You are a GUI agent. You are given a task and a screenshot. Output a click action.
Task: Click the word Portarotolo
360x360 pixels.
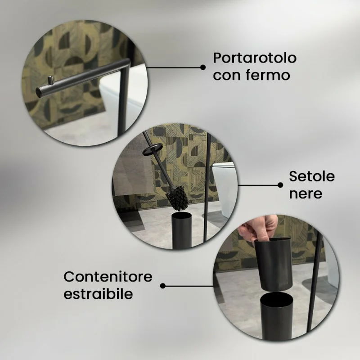click(255, 58)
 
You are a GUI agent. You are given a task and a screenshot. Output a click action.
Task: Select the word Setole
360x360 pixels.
click(311, 176)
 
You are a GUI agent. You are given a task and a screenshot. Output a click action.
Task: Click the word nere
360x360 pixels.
click(306, 194)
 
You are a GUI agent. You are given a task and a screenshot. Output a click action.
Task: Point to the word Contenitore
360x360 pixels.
click(108, 277)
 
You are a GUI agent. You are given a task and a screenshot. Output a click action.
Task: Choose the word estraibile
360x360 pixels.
click(98, 293)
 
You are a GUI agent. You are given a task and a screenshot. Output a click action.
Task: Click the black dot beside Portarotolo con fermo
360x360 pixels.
click(203, 67)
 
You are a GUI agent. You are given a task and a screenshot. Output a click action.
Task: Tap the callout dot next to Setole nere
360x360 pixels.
click(280, 185)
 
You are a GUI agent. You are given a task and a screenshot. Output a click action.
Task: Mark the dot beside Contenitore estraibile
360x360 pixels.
click(163, 286)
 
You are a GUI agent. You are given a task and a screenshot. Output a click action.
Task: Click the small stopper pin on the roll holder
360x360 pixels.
click(50, 80)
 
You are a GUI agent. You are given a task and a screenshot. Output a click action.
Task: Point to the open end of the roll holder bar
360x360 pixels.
click(39, 91)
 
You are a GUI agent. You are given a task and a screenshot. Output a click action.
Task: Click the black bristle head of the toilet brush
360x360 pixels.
click(177, 198)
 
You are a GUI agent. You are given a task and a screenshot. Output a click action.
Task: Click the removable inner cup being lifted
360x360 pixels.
click(273, 264)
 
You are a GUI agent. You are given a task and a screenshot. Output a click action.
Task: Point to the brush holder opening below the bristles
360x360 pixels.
click(181, 216)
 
